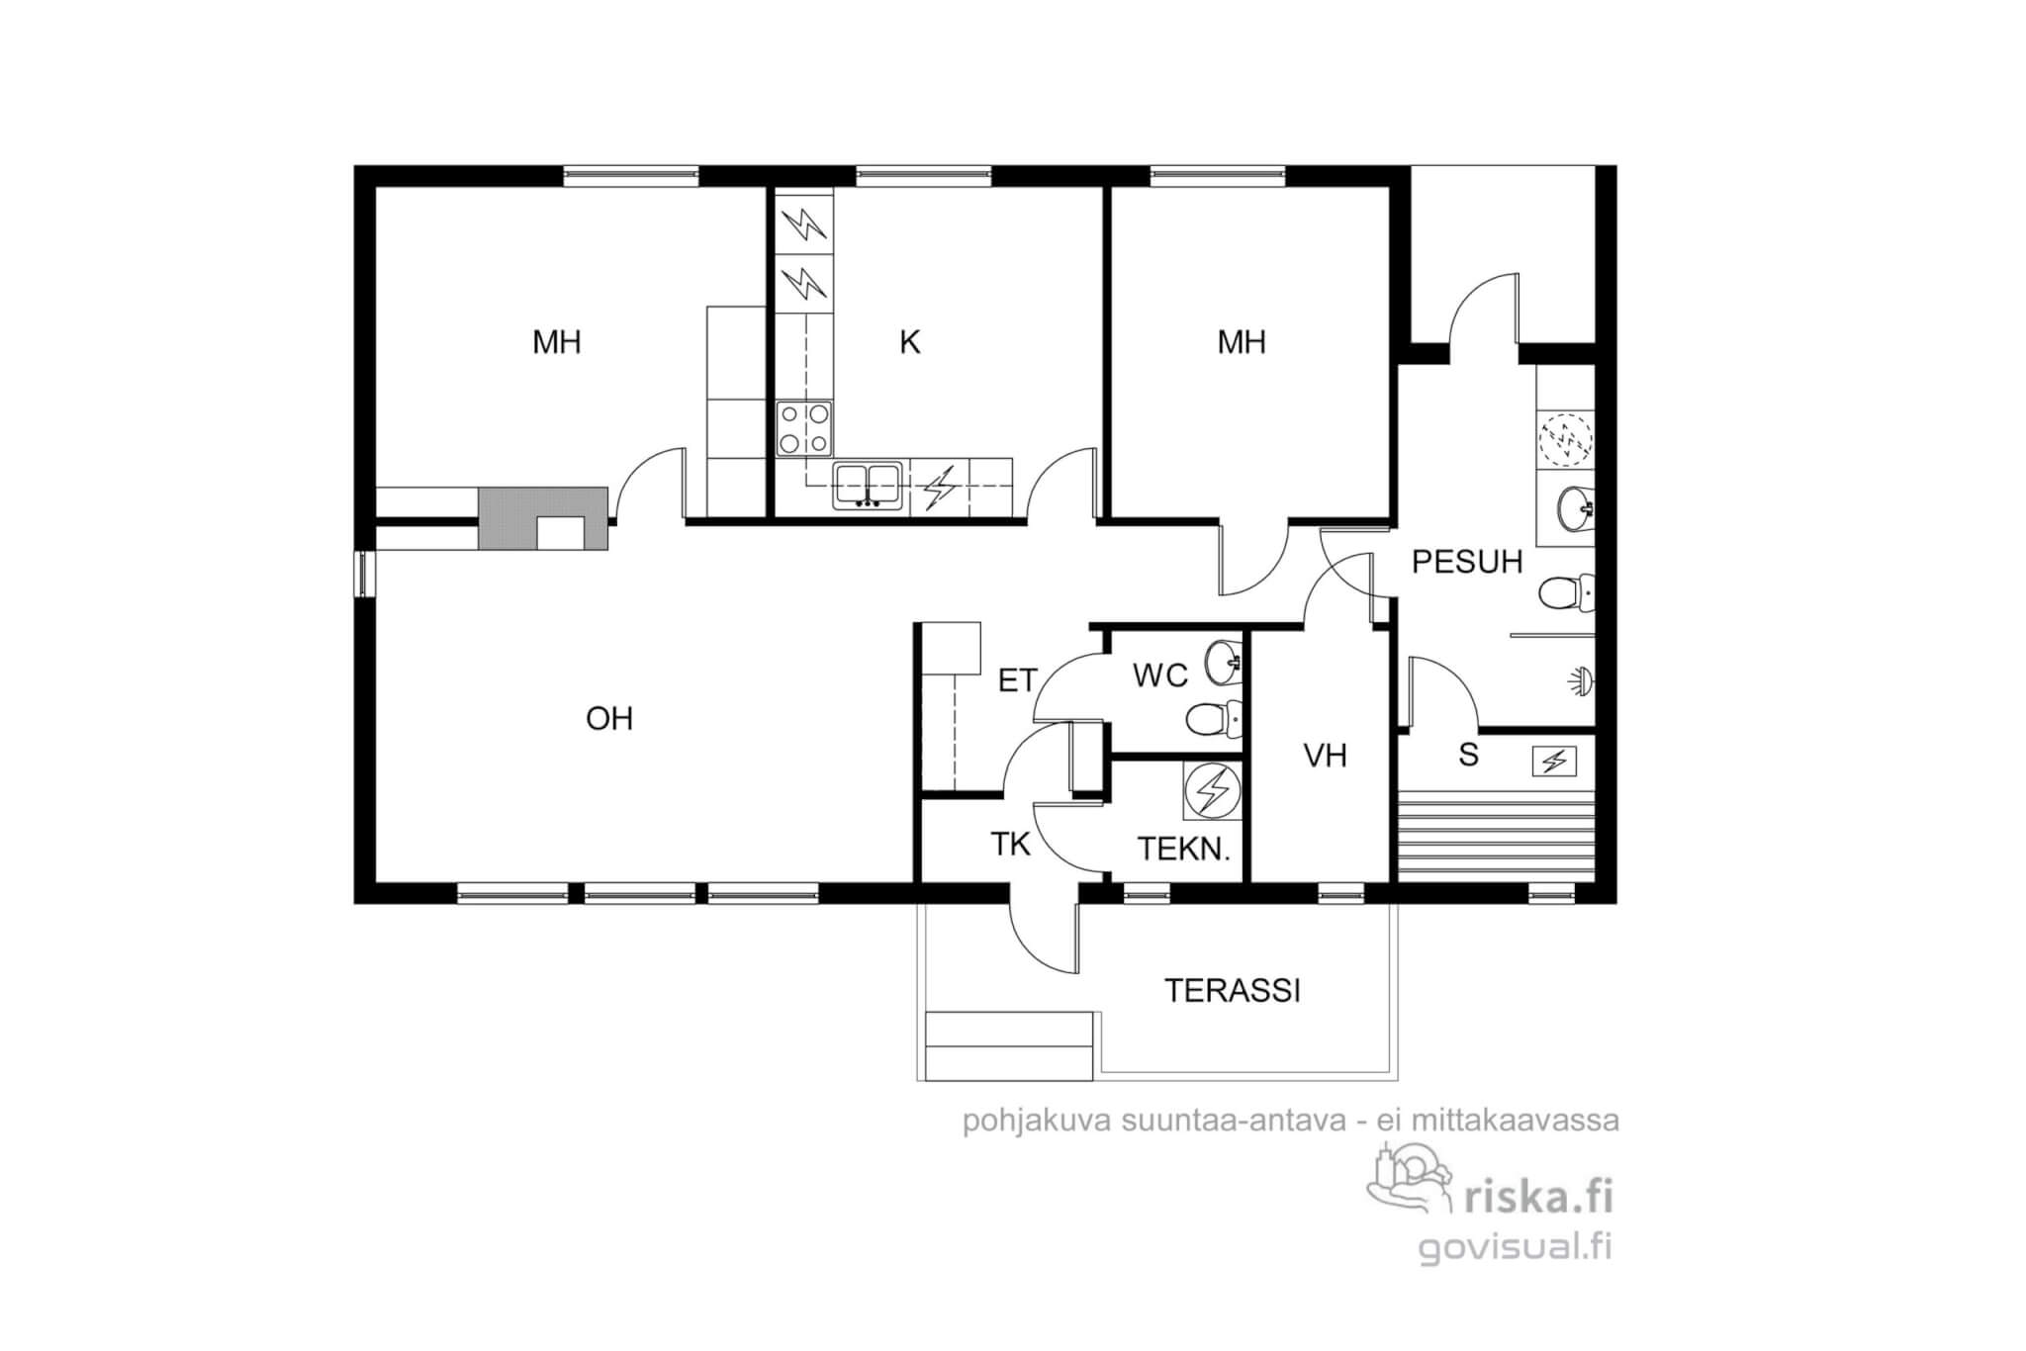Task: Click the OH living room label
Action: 608,718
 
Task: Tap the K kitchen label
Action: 910,342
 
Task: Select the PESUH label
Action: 1467,562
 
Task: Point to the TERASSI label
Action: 1233,990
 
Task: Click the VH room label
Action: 1326,756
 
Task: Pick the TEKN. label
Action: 1184,849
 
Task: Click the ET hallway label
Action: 1017,680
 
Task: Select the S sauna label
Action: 1468,755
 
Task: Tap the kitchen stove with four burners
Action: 803,428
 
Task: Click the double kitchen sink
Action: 868,485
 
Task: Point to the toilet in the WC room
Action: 1213,718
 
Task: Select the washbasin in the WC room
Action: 1224,662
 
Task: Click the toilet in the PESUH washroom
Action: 1566,593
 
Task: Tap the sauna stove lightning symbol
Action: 1554,762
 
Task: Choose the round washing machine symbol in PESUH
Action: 1566,438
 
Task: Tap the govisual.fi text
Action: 1516,1248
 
